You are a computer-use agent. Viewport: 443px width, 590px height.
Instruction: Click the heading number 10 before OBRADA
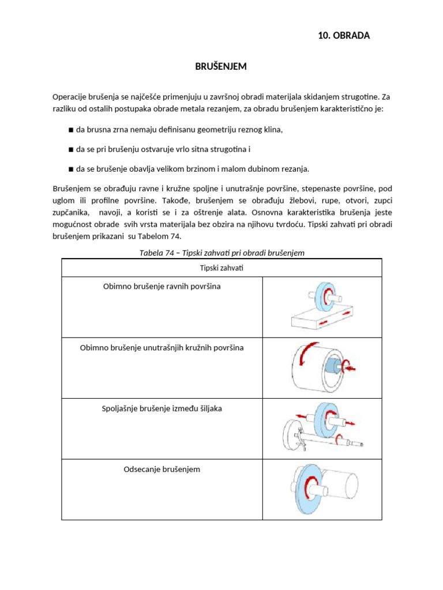[x=324, y=36]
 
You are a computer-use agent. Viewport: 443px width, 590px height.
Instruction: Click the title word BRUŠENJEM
[x=221, y=67]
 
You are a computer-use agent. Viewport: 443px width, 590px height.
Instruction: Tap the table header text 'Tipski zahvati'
[x=221, y=268]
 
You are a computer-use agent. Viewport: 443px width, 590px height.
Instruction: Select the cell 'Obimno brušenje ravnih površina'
[x=162, y=286]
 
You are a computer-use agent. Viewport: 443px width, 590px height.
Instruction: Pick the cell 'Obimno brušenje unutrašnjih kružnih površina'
[x=162, y=347]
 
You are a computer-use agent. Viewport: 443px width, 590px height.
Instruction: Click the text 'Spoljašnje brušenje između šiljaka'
[x=162, y=409]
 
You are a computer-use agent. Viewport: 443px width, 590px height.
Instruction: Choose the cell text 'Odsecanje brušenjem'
[x=162, y=469]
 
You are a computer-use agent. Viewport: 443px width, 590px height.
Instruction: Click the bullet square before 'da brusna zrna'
[x=70, y=130]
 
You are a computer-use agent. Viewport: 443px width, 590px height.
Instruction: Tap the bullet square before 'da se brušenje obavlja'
[x=70, y=169]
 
